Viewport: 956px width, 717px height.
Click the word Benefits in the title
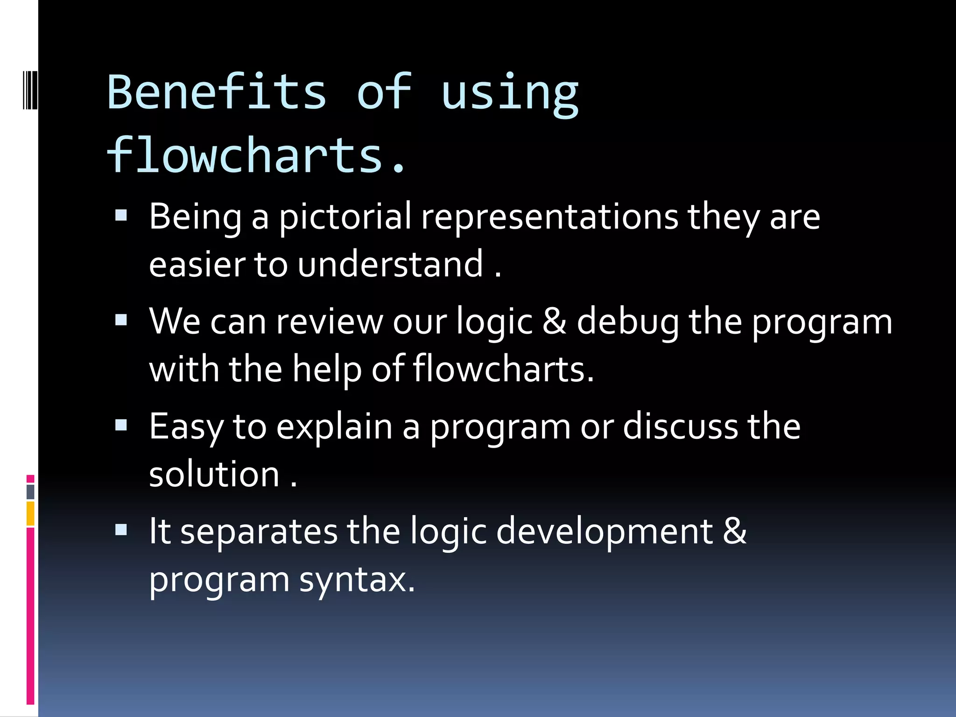tap(217, 92)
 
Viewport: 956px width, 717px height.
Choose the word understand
tap(390, 264)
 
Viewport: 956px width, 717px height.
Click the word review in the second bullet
tap(329, 322)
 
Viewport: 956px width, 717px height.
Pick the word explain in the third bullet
tap(334, 427)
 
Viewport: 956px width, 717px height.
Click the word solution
tap(214, 474)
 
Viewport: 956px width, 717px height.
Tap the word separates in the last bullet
tap(259, 532)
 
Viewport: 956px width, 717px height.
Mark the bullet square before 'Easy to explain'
tap(121, 425)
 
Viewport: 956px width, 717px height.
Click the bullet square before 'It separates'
tap(121, 530)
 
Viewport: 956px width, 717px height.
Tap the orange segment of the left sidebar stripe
tap(30, 513)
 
